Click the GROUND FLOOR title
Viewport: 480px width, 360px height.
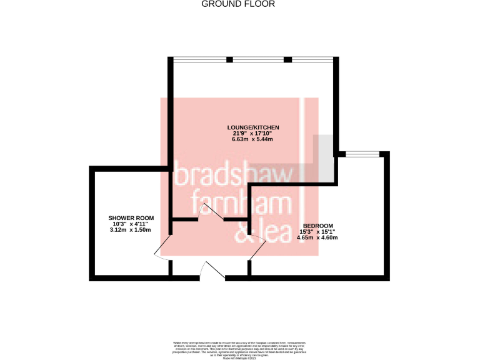point(237,4)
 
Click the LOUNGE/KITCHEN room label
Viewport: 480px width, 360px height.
point(252,127)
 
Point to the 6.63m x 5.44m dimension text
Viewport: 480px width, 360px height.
point(252,139)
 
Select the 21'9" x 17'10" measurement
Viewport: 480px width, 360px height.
point(252,133)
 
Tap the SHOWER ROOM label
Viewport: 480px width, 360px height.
point(130,218)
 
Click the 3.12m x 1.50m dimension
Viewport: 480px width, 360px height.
point(130,229)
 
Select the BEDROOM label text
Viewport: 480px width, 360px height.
point(317,226)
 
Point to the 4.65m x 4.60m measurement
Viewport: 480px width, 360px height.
point(317,237)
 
